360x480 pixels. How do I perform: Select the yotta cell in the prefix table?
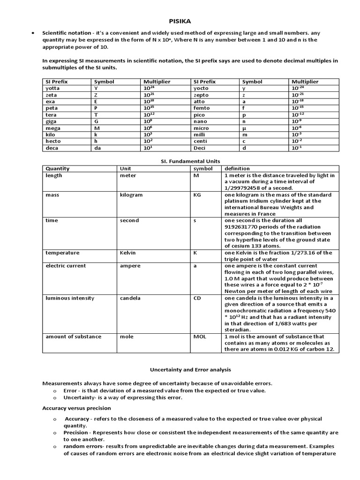click(x=52, y=88)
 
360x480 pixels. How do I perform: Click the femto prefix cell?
click(x=202, y=108)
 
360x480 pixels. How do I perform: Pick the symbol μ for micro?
click(x=244, y=128)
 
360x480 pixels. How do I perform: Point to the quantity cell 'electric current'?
click(x=66, y=265)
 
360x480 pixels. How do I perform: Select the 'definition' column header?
click(x=237, y=169)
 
